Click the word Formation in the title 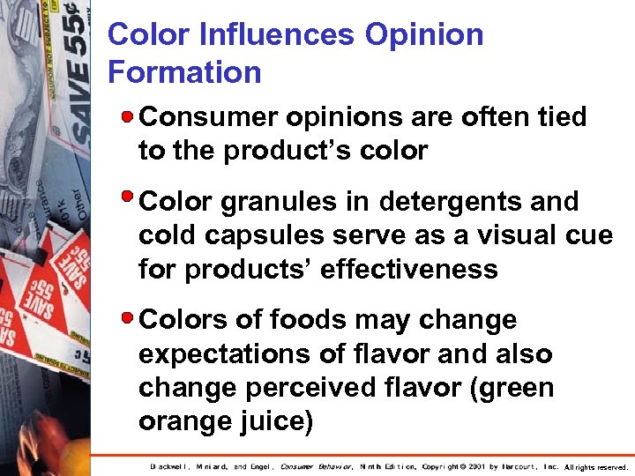tap(184, 71)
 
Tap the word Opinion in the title tap(423, 34)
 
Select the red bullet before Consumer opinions tap(129, 115)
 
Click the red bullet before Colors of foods tap(129, 316)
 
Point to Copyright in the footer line tap(445, 466)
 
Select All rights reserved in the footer tap(595, 467)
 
